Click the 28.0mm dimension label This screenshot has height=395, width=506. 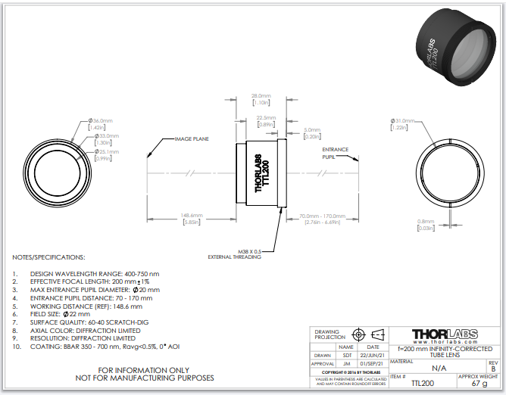[x=261, y=97]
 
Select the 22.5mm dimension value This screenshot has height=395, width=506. [x=265, y=118]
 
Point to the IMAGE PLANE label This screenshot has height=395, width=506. [x=192, y=139]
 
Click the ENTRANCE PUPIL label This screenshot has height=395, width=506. [x=334, y=153]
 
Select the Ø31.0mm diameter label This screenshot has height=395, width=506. [x=401, y=121]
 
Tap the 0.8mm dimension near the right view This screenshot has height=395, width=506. [x=425, y=222]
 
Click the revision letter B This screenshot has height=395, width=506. [x=493, y=369]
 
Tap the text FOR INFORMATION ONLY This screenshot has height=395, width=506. [x=156, y=369]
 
